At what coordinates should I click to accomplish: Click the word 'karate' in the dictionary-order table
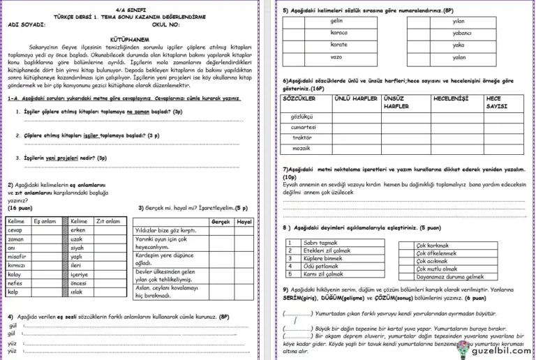click(x=338, y=44)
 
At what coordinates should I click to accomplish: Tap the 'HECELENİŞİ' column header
click(x=451, y=99)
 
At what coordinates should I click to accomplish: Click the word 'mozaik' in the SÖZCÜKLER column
click(x=301, y=149)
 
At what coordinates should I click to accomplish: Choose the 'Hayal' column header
click(x=244, y=221)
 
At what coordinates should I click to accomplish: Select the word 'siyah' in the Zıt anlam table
click(x=77, y=248)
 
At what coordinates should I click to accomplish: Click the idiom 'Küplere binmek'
click(x=322, y=259)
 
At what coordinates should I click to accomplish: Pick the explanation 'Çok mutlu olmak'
click(x=437, y=269)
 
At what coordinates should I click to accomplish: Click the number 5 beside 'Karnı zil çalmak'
click(x=290, y=274)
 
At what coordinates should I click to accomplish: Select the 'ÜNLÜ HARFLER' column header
click(x=356, y=99)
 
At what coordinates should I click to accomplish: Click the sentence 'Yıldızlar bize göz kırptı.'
click(x=165, y=230)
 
